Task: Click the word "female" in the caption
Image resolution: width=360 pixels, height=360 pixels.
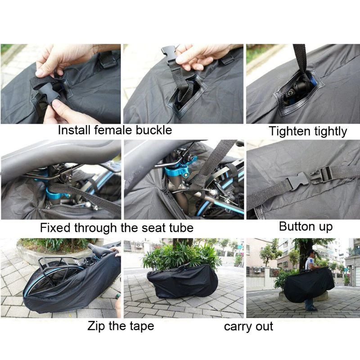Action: tap(113, 130)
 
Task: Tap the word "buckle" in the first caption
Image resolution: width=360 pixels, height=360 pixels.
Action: tap(153, 130)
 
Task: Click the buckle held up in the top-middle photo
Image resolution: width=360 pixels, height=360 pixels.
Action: tap(170, 54)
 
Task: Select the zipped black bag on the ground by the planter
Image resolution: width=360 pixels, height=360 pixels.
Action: tap(183, 281)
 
